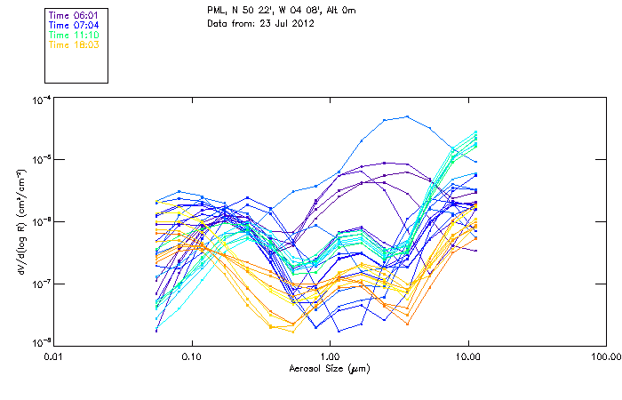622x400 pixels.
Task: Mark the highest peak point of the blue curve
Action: pyautogui.click(x=408, y=116)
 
